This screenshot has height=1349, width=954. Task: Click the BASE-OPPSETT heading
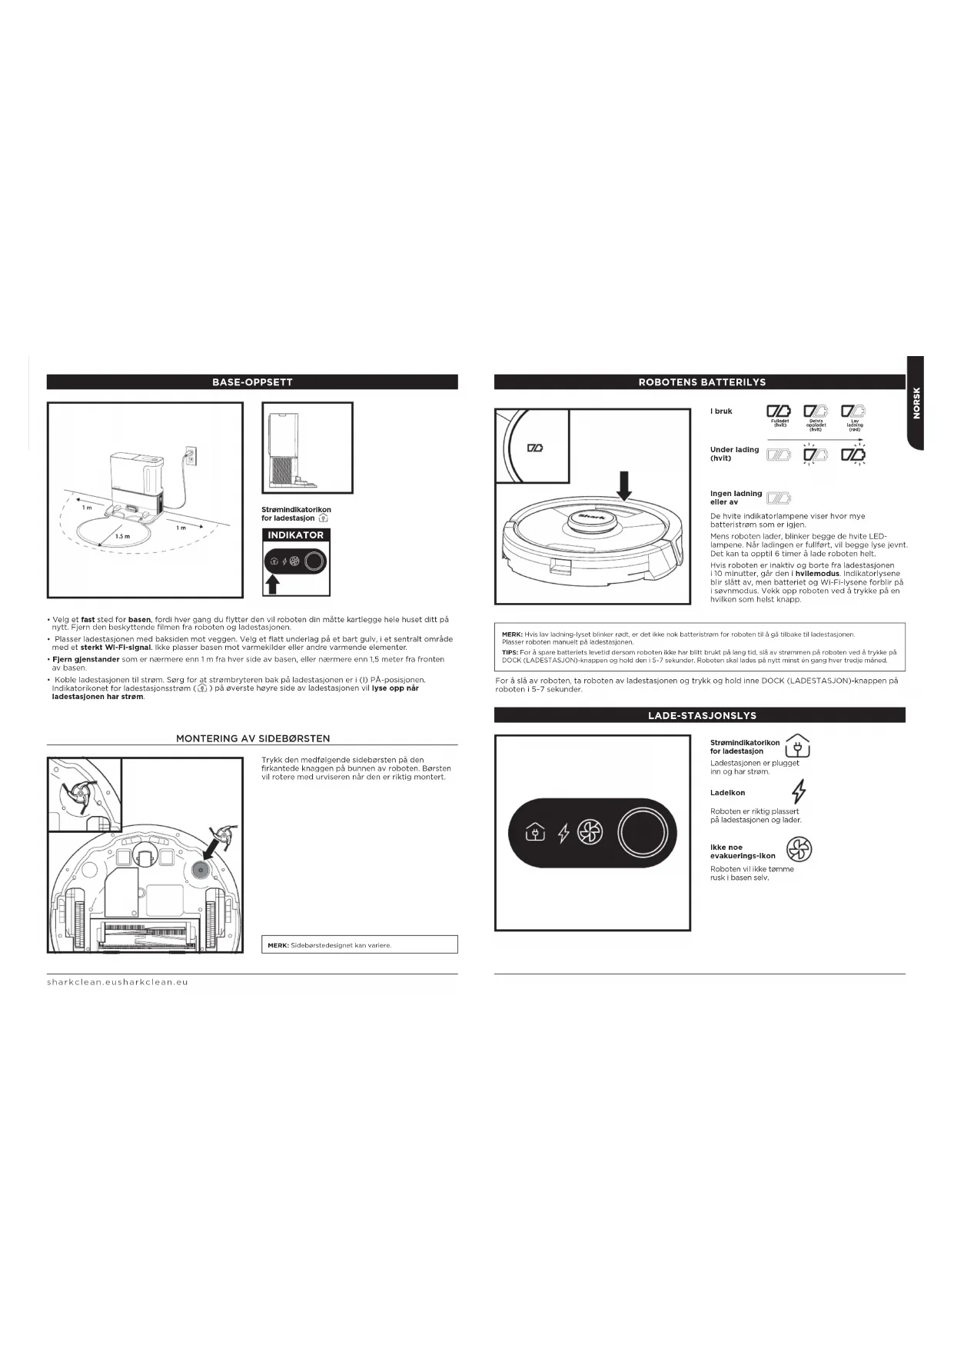click(x=252, y=382)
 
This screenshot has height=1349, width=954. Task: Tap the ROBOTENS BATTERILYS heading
click(x=701, y=382)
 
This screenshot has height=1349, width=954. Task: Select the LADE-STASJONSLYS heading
click(x=701, y=715)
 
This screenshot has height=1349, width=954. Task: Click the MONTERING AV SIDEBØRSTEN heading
click(x=253, y=738)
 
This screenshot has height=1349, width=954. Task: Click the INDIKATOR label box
click(x=296, y=535)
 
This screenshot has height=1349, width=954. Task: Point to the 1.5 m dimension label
click(x=122, y=536)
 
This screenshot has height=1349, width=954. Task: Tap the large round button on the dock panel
click(x=643, y=832)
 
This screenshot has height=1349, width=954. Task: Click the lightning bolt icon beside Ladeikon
click(x=799, y=791)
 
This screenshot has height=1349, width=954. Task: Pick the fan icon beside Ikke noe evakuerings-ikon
click(x=799, y=850)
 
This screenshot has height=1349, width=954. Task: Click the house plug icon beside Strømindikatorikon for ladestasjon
click(x=797, y=746)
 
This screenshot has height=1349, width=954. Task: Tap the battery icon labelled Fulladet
click(x=779, y=412)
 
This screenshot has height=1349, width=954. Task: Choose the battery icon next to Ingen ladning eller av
click(x=779, y=498)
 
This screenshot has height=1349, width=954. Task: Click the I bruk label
click(x=721, y=411)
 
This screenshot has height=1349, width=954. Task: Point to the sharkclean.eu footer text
click(x=118, y=982)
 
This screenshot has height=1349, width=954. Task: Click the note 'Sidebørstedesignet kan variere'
click(x=341, y=945)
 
